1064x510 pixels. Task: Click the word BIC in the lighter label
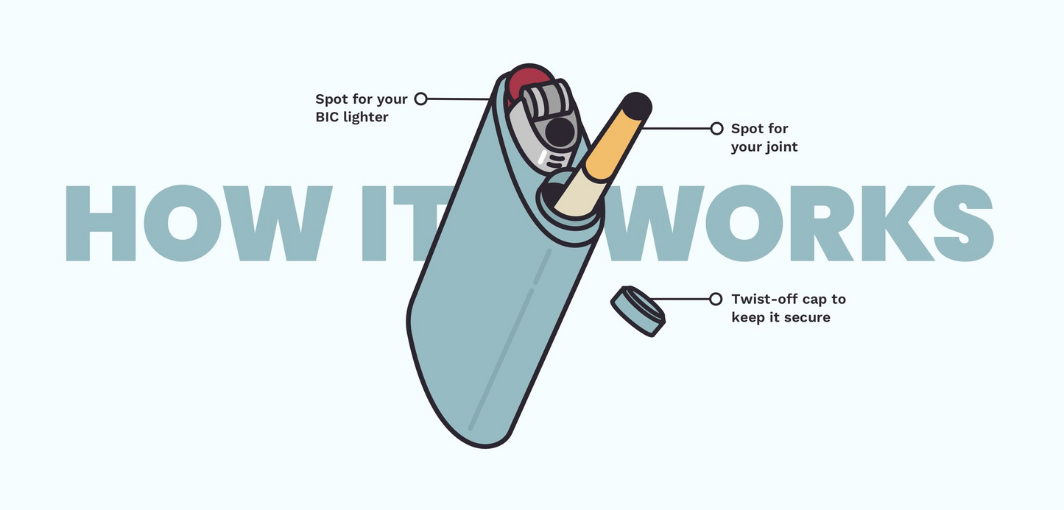point(328,117)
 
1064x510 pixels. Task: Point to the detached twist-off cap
point(638,311)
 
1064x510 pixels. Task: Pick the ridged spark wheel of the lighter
point(548,101)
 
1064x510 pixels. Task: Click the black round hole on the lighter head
point(560,132)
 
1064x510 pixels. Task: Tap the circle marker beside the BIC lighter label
point(421,99)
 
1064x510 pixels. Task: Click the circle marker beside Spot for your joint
point(716,128)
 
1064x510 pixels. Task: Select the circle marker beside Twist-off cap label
point(716,300)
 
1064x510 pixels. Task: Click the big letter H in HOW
point(101,223)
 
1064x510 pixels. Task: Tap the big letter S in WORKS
point(964,223)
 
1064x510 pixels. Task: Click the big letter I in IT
point(374,223)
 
